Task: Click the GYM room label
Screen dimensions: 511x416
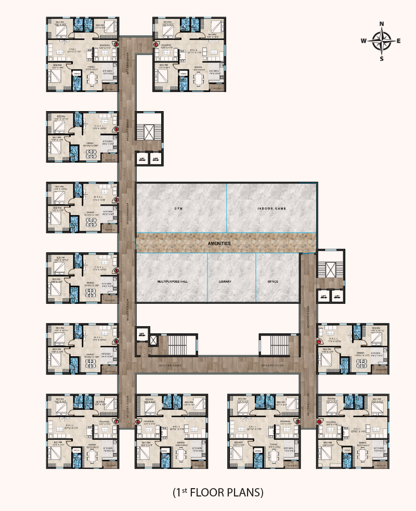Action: [x=180, y=209]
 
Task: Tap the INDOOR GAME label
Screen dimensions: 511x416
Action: [x=272, y=209]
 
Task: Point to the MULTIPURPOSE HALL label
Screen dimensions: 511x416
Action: [x=172, y=281]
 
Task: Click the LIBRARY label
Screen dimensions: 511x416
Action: [x=225, y=281]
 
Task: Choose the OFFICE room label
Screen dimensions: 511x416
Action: [x=272, y=281]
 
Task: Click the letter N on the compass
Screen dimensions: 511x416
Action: [x=382, y=24]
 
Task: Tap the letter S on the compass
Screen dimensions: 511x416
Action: [x=382, y=58]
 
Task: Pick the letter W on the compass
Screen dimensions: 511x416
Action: [x=364, y=41]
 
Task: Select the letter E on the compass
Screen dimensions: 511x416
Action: [x=399, y=41]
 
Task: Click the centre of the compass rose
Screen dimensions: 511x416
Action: [x=382, y=41]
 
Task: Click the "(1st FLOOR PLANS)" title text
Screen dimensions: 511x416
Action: [x=218, y=491]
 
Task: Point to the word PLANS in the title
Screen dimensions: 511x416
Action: [x=247, y=491]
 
